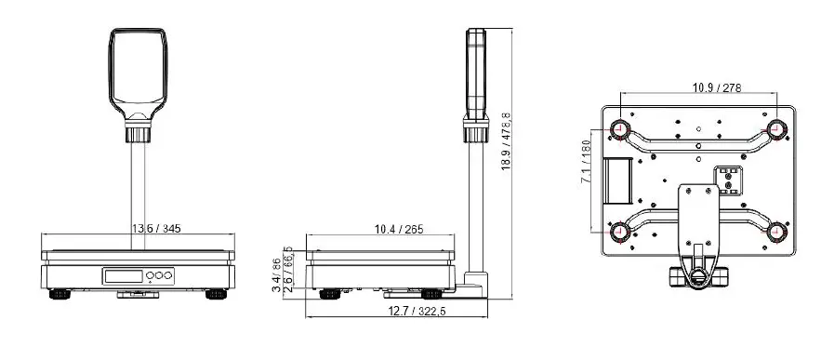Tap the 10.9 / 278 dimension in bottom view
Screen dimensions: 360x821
pyautogui.click(x=715, y=88)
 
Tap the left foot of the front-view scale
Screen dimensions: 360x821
pyautogui.click(x=60, y=295)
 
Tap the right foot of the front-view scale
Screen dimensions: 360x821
pyautogui.click(x=217, y=295)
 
